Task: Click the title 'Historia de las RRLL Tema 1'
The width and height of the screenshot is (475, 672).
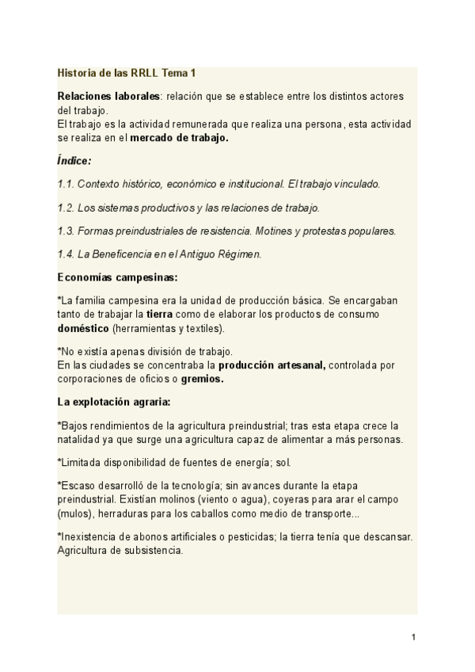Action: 127,74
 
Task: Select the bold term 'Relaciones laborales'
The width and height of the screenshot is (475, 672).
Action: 108,96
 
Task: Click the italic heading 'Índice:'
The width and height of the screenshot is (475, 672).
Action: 74,160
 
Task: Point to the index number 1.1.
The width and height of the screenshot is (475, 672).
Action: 66,184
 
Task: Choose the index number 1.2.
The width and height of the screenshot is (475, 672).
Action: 66,208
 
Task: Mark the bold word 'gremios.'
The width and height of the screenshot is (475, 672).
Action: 202,379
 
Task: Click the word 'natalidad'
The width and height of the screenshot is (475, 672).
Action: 79,439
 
